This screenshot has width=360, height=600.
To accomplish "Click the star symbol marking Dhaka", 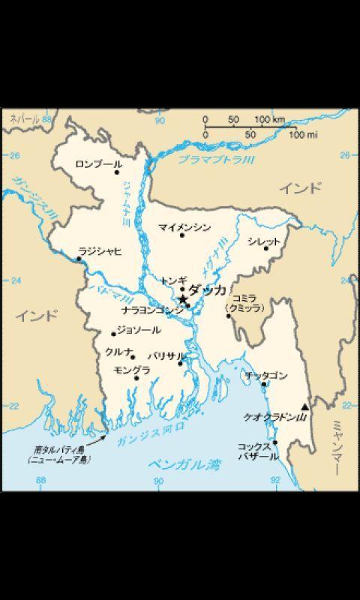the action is [x=183, y=298].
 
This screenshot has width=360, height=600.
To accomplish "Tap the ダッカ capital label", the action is [x=206, y=289].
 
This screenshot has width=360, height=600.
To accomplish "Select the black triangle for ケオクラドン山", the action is [x=304, y=407].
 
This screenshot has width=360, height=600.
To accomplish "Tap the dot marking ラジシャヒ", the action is [x=78, y=258].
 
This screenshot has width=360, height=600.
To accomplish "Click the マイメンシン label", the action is [x=184, y=226].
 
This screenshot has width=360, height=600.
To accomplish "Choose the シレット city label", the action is [x=263, y=241].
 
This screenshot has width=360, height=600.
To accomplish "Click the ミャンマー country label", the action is [x=335, y=450].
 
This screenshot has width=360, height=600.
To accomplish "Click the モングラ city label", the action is [x=131, y=369].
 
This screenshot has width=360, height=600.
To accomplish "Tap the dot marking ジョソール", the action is [x=113, y=334].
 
